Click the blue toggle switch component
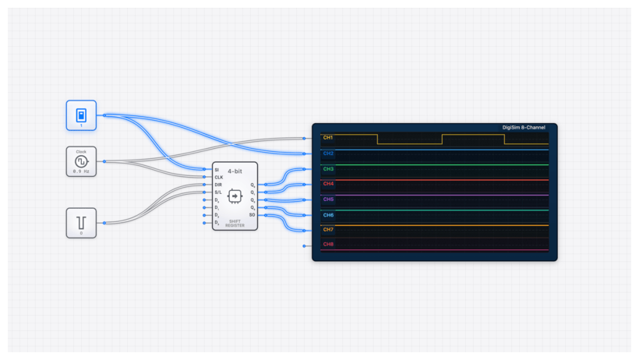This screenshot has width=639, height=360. [81, 115]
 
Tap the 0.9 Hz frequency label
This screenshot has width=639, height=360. [81, 171]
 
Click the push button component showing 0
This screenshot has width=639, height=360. [81, 222]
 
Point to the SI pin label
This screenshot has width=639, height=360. [217, 169]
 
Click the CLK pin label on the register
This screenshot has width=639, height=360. [218, 177]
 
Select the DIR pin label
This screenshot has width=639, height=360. [218, 185]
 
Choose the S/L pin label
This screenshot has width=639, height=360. [218, 192]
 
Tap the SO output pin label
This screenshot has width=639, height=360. [252, 214]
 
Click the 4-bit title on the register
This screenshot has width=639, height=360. [235, 170]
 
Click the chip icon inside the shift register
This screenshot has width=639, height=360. [235, 195]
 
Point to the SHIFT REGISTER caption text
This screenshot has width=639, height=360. [235, 223]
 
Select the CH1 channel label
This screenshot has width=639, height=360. [328, 138]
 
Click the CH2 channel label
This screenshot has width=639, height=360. [328, 154]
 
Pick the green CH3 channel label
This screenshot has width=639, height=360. [328, 169]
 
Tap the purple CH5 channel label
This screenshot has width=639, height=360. [328, 199]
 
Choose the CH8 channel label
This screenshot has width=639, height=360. [328, 245]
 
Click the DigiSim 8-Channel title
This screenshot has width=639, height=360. [524, 127]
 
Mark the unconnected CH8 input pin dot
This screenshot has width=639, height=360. [304, 246]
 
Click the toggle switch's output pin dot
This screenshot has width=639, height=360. [104, 115]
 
